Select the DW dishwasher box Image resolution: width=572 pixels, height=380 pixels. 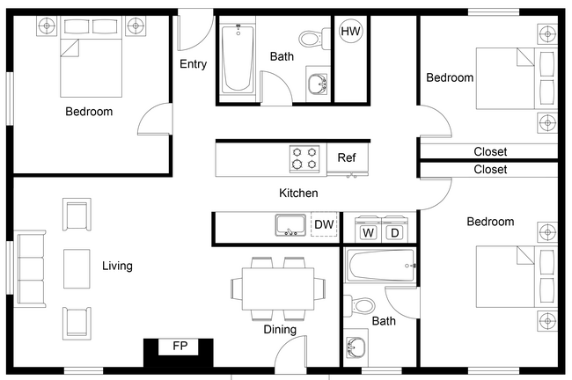pos(324,225)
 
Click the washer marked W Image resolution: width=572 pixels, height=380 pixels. pos(369,233)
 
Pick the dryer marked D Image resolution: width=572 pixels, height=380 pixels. pos(395,233)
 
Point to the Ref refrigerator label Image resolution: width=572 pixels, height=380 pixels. pos(347,158)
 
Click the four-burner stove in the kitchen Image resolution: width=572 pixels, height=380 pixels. pos(304,159)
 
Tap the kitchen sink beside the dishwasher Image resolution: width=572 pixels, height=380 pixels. pos(290,225)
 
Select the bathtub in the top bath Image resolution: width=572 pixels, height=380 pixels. pos(238,58)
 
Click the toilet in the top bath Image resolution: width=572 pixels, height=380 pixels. pos(311,39)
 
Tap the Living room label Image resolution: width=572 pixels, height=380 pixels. pos(117,266)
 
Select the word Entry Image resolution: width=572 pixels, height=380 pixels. pos(194,64)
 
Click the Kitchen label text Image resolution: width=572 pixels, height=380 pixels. pos(298,193)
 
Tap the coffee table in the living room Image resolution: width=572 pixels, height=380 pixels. pos(76,268)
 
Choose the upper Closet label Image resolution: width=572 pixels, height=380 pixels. pos(490,151)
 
